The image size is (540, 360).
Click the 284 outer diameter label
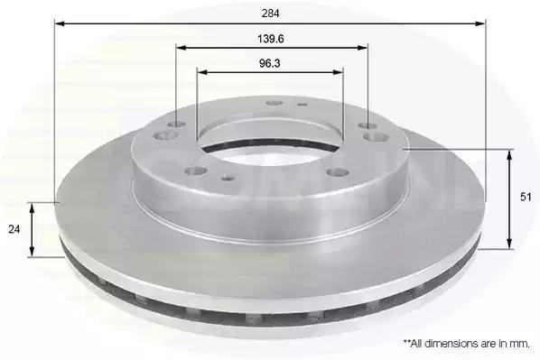coord(271,14)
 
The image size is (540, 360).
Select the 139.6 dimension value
coord(271,39)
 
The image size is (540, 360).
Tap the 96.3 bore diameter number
coord(270,63)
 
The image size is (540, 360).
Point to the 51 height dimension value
coord(526,198)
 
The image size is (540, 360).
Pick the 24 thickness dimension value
coord(14,229)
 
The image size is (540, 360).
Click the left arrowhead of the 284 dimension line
coord(60,23)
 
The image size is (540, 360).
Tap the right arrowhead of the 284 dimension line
coord(480,23)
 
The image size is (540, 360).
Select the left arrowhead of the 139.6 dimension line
coord(181,48)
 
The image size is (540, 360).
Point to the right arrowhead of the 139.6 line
coord(363,48)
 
